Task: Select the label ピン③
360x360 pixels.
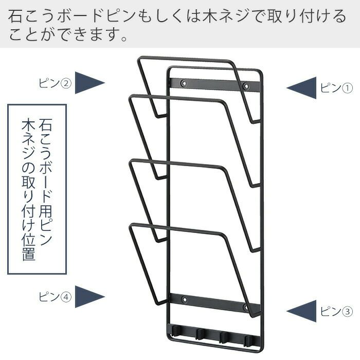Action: click(x=336, y=312)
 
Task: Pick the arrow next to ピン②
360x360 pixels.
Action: click(x=89, y=82)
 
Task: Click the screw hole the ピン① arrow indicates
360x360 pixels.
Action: click(x=246, y=86)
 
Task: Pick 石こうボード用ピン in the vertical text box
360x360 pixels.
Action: click(x=45, y=180)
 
